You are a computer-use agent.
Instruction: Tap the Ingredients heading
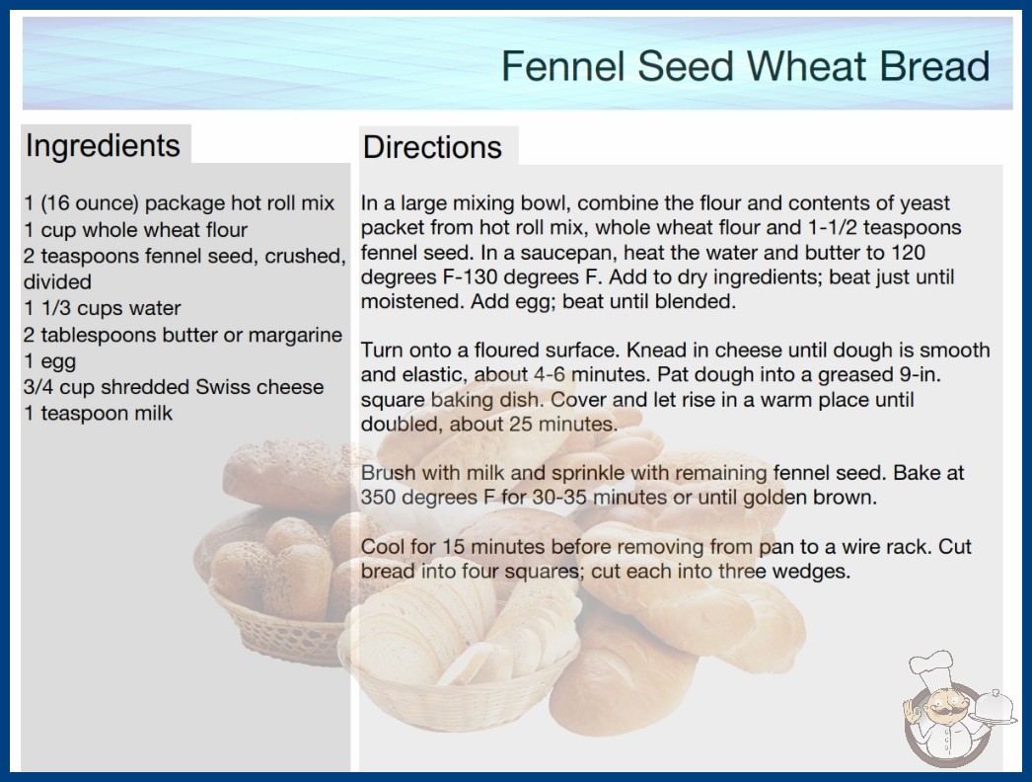tap(103, 146)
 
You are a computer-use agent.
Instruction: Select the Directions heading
tap(432, 147)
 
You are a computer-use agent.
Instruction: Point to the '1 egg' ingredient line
tap(50, 361)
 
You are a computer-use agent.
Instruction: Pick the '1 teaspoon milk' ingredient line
tap(98, 413)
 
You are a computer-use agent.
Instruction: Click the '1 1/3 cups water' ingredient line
tap(102, 308)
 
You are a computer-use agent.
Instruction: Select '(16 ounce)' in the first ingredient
tap(90, 203)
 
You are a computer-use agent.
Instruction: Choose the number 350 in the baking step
tap(378, 497)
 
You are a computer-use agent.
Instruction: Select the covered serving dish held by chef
tap(994, 708)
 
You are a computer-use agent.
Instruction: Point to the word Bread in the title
tap(934, 66)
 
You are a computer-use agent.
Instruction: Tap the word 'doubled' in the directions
tap(403, 424)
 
